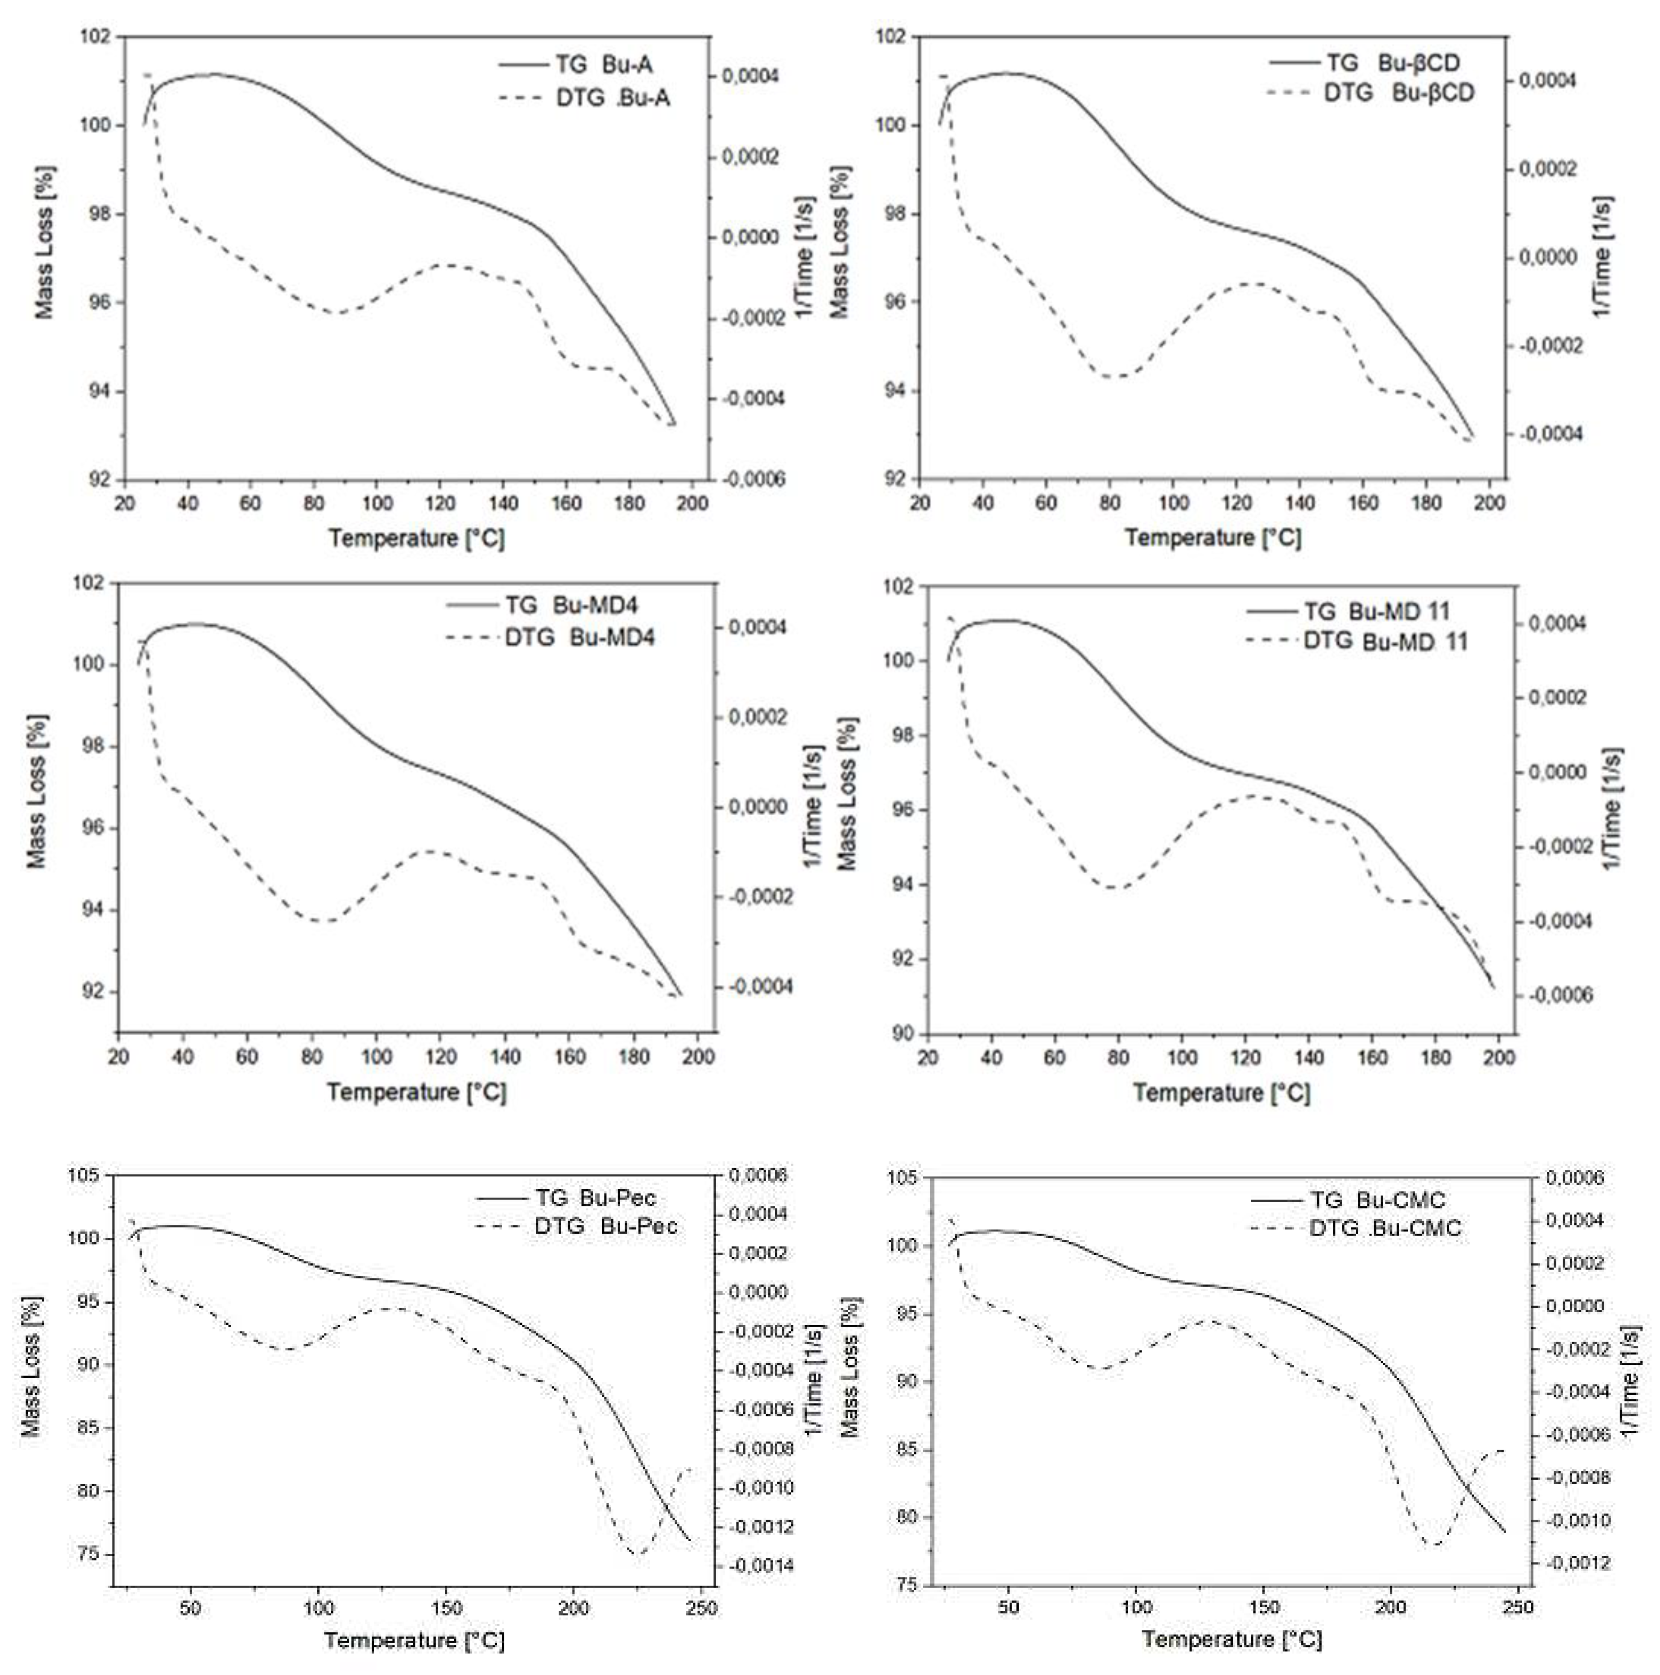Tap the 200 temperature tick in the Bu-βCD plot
point(1489,503)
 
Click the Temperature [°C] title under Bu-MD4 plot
point(416,1091)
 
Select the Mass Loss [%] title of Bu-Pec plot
point(31,1367)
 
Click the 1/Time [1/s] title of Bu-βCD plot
point(1602,258)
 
